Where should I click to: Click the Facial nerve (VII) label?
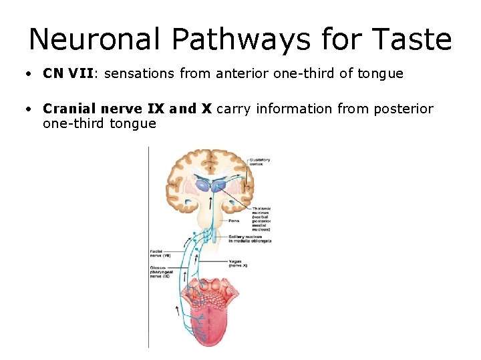[161, 254]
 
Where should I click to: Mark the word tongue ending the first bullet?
[381, 73]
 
